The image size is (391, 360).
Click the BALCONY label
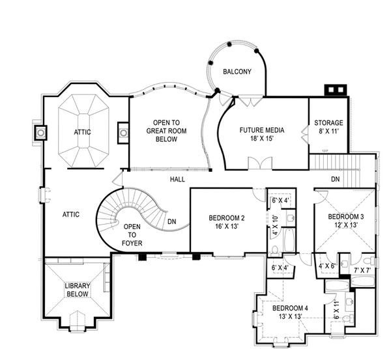coord(237,72)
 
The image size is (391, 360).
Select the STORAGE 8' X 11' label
coord(328,127)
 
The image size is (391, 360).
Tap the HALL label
coord(177,179)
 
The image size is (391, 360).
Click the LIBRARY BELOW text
coord(78,290)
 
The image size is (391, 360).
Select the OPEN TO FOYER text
coord(132,235)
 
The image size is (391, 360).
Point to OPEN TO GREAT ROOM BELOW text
coord(166,131)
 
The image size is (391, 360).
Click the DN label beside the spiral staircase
coord(172,221)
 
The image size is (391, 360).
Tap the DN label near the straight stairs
coord(336,179)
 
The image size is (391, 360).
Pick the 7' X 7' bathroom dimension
coord(362,270)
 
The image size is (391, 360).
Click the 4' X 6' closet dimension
coord(326,266)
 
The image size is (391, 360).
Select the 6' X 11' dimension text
coord(336,310)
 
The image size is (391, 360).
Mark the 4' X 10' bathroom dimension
coord(275,225)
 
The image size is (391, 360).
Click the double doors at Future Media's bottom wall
coord(260,163)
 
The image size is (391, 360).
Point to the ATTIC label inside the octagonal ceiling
coord(82,132)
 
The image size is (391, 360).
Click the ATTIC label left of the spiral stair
coord(71,214)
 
